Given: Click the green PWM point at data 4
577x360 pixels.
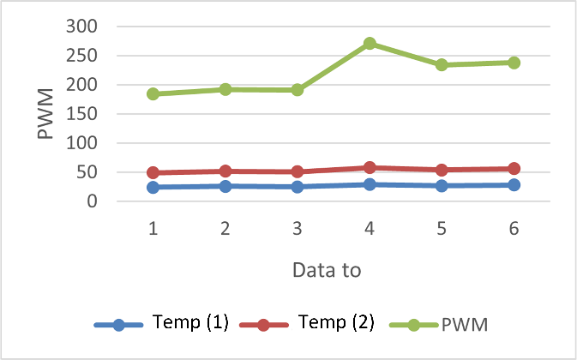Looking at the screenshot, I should pos(370,44).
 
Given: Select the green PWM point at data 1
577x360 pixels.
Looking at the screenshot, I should pos(153,94).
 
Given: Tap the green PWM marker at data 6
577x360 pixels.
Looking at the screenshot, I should pos(514,63).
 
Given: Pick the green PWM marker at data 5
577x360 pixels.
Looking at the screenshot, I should pos(442,65).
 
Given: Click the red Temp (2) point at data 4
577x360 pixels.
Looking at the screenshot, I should pos(370,168).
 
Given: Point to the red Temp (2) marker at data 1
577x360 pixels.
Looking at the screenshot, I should pos(153,173).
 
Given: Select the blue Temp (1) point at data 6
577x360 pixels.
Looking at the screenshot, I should pos(514,185).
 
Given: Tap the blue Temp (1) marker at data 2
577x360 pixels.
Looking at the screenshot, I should pos(225,186).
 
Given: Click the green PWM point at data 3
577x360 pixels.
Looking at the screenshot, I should pos(298,90).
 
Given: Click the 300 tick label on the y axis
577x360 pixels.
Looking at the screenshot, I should pos(83,27).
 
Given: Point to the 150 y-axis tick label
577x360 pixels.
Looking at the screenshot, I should pos(83,114).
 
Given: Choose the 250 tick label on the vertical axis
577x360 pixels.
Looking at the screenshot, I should pos(83,56).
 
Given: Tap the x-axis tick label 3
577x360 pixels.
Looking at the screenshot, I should pos(298,229).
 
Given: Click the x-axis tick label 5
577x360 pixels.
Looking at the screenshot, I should pos(442,229).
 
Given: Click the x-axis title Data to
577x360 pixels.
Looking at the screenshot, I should pos(327,269).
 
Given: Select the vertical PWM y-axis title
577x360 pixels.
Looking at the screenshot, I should pos(45,117).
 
